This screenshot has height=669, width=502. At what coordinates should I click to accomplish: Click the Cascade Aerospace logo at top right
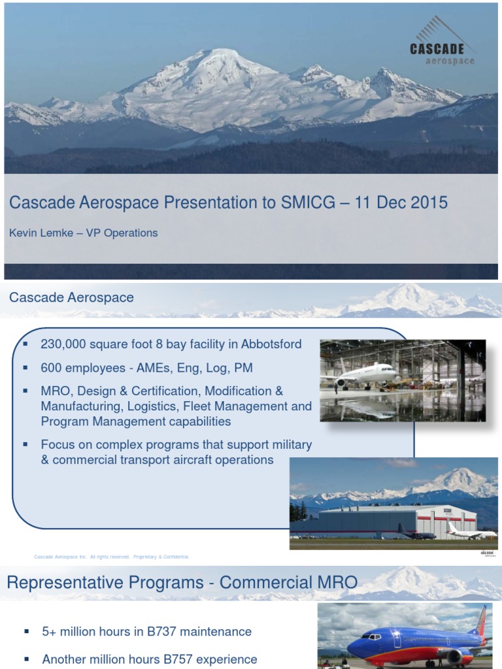441,46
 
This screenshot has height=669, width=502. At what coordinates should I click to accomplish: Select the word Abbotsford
267,344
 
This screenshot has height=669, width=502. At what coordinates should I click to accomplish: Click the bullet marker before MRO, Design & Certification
25,391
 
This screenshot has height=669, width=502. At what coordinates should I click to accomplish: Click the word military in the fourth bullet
289,445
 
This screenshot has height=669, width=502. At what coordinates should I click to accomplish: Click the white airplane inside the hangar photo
366,374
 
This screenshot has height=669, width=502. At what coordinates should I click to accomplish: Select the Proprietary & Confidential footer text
161,557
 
